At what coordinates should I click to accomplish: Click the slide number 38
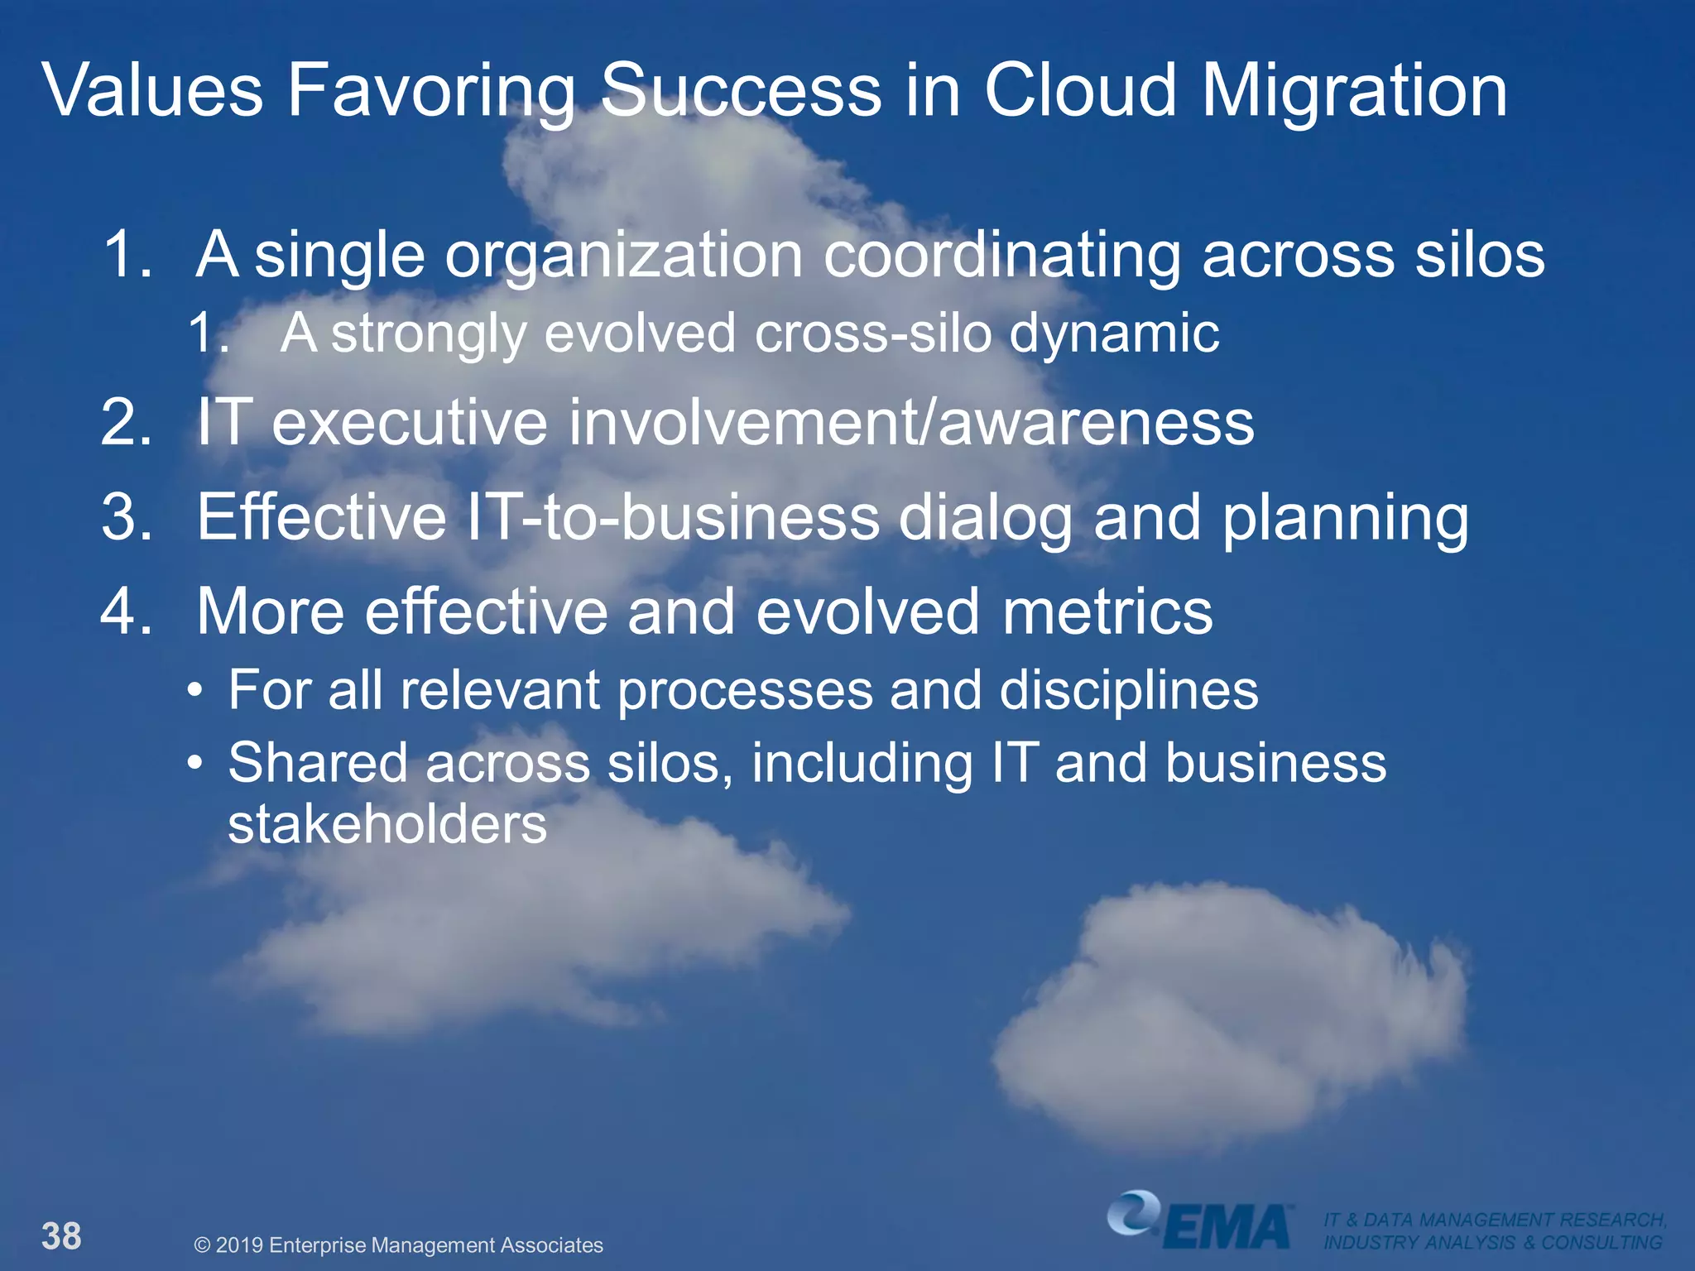coord(61,1236)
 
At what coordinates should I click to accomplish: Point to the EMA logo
coord(1200,1221)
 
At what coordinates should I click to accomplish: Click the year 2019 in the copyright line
coord(240,1245)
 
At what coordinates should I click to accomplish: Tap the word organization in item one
coord(624,255)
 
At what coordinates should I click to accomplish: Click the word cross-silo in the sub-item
coord(873,333)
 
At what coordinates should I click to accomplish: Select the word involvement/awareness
coord(910,423)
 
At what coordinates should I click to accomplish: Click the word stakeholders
coord(387,824)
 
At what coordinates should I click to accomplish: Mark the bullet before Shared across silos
coord(194,762)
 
